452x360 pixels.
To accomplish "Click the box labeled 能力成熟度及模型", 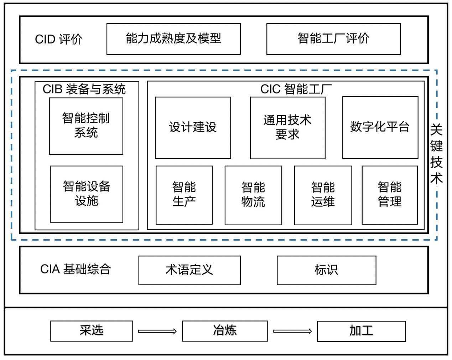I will pyautogui.click(x=173, y=39).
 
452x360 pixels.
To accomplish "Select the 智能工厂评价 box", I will pyautogui.click(x=333, y=39).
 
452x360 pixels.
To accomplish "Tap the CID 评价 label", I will pyautogui.click(x=59, y=39).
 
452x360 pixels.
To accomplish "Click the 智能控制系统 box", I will pyautogui.click(x=86, y=126).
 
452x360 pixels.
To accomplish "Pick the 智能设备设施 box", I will pyautogui.click(x=87, y=194).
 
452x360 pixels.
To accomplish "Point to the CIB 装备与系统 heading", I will pyautogui.click(x=84, y=89).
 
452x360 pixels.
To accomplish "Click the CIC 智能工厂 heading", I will pyautogui.click(x=296, y=89).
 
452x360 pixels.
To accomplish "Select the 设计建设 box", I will pyautogui.click(x=193, y=128).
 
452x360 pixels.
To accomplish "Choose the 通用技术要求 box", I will pyautogui.click(x=287, y=128).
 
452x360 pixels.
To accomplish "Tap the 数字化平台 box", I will pyautogui.click(x=380, y=127).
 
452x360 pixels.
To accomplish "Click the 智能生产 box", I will pyautogui.click(x=184, y=195).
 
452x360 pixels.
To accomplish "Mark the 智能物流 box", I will pyautogui.click(x=253, y=195).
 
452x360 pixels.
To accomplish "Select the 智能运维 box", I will pyautogui.click(x=323, y=195).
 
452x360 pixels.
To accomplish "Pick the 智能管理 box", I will pyautogui.click(x=390, y=195).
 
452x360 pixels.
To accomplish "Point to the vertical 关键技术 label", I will pyautogui.click(x=437, y=154).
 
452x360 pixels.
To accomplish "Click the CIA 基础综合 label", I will pyautogui.click(x=76, y=269).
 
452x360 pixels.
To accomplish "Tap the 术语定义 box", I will pyautogui.click(x=189, y=270).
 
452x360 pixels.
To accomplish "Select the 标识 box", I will pyautogui.click(x=326, y=270).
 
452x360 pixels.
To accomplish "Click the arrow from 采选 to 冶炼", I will pyautogui.click(x=157, y=331).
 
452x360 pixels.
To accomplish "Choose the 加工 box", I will pyautogui.click(x=361, y=331).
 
